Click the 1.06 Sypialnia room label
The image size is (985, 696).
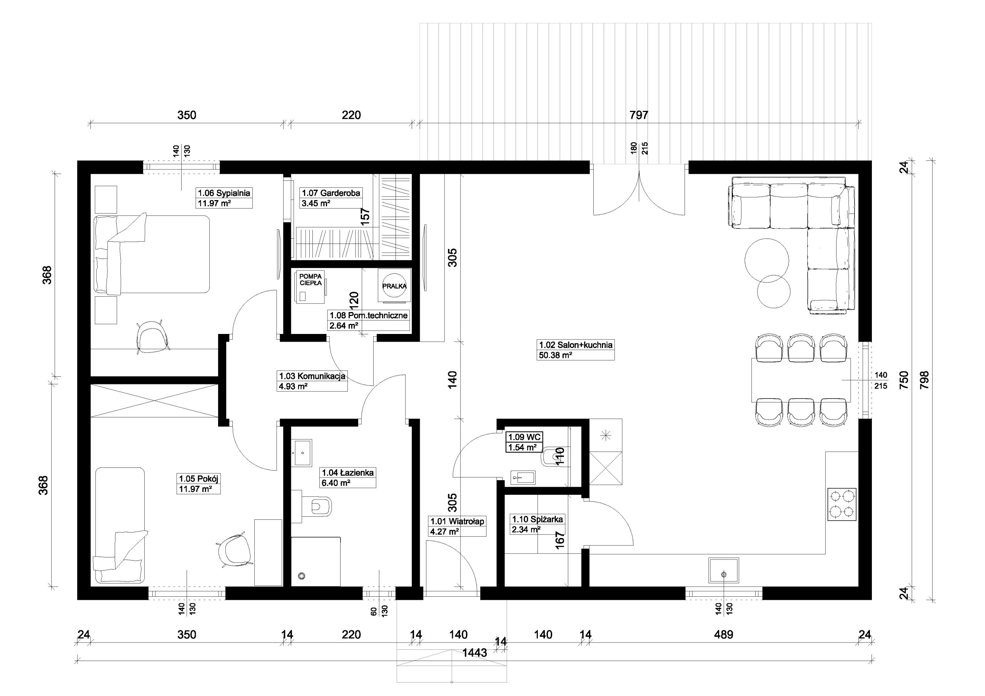224,193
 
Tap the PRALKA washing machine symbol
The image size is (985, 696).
394,286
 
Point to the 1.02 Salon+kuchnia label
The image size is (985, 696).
576,345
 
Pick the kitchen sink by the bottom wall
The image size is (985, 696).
724,570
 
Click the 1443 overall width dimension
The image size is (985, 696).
475,653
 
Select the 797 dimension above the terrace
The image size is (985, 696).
639,115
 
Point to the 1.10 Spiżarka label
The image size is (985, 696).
537,519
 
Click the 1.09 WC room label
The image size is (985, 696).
525,437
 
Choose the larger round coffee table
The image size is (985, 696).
766,260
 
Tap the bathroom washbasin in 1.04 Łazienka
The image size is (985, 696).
302,453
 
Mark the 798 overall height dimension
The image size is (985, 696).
924,380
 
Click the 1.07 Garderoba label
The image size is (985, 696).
331,193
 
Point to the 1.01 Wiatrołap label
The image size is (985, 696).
457,521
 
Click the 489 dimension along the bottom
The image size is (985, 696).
724,634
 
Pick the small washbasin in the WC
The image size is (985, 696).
523,477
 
